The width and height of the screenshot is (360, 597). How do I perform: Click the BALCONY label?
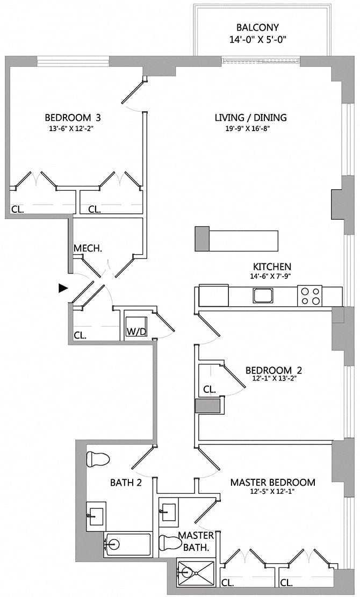[257, 27]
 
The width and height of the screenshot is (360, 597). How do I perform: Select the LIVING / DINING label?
[250, 118]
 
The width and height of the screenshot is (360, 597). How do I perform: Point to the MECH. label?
[88, 248]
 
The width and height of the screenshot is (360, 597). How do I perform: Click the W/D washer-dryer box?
[136, 331]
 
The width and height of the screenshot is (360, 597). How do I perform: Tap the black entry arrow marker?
[63, 288]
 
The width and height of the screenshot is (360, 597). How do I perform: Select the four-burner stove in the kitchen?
[310, 296]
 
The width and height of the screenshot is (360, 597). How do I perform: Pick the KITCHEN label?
[272, 267]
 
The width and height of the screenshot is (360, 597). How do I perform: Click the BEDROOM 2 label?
[273, 370]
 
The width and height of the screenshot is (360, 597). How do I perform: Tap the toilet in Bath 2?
[97, 459]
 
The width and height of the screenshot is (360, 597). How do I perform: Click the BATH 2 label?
[126, 483]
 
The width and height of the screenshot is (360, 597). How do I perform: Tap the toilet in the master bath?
[171, 542]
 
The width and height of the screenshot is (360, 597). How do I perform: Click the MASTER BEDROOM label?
[272, 482]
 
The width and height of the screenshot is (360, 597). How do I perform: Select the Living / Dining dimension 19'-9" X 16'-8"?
[250, 128]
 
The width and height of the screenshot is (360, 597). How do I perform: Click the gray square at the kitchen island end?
[201, 239]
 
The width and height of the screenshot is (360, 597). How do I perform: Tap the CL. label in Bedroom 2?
[210, 389]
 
